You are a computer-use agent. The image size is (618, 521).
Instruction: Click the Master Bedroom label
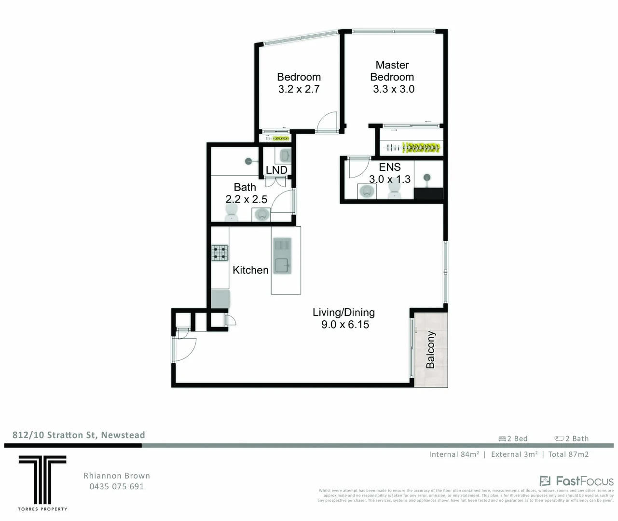click(x=392, y=71)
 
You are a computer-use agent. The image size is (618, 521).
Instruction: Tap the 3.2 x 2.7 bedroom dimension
click(x=299, y=89)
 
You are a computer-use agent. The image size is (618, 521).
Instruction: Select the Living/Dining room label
click(x=343, y=312)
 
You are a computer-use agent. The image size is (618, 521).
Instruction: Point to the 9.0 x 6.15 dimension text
click(x=345, y=325)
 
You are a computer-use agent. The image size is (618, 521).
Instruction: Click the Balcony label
click(x=430, y=350)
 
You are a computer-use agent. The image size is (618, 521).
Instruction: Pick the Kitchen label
click(x=250, y=270)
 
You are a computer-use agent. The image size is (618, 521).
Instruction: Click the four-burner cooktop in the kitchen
click(x=220, y=253)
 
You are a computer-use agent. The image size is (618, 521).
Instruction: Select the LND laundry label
click(x=276, y=170)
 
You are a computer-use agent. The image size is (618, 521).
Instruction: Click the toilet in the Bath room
click(x=232, y=211)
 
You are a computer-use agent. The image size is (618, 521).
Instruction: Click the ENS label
click(x=390, y=167)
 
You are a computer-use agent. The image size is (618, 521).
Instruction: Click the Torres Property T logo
click(x=42, y=480)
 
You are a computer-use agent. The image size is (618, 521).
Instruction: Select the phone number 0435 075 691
click(x=117, y=486)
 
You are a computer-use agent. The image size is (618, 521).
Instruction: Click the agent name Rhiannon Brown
click(x=117, y=476)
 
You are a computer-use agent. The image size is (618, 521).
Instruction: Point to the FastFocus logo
click(x=577, y=481)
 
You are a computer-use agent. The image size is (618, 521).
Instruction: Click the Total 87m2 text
click(x=568, y=454)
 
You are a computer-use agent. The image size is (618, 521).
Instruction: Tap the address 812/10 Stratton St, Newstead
click(x=79, y=435)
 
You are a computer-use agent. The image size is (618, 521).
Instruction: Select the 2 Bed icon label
click(x=513, y=439)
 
